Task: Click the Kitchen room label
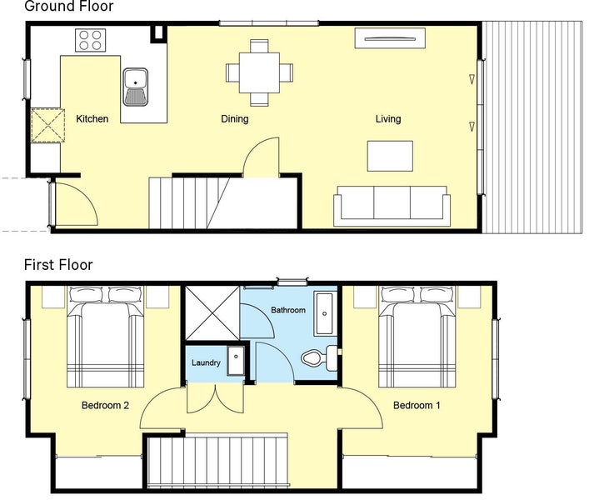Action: tap(92, 118)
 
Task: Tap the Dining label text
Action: tap(235, 119)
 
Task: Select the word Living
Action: tap(388, 119)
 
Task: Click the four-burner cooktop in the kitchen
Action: tap(90, 40)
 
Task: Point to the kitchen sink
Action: tap(135, 87)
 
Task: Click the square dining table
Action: tap(259, 72)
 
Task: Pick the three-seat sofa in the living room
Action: tap(392, 206)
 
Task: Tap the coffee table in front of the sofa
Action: tap(390, 156)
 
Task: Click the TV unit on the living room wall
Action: tap(390, 38)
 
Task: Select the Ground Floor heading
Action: tap(69, 6)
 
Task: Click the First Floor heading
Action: tap(58, 265)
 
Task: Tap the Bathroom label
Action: tap(288, 310)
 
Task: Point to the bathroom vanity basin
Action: tap(324, 314)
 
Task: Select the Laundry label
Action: tap(206, 362)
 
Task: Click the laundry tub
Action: tap(236, 361)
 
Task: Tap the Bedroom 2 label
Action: tap(105, 405)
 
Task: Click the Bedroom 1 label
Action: tap(417, 405)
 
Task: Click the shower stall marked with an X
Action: tap(212, 313)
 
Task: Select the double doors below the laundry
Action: tap(215, 399)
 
